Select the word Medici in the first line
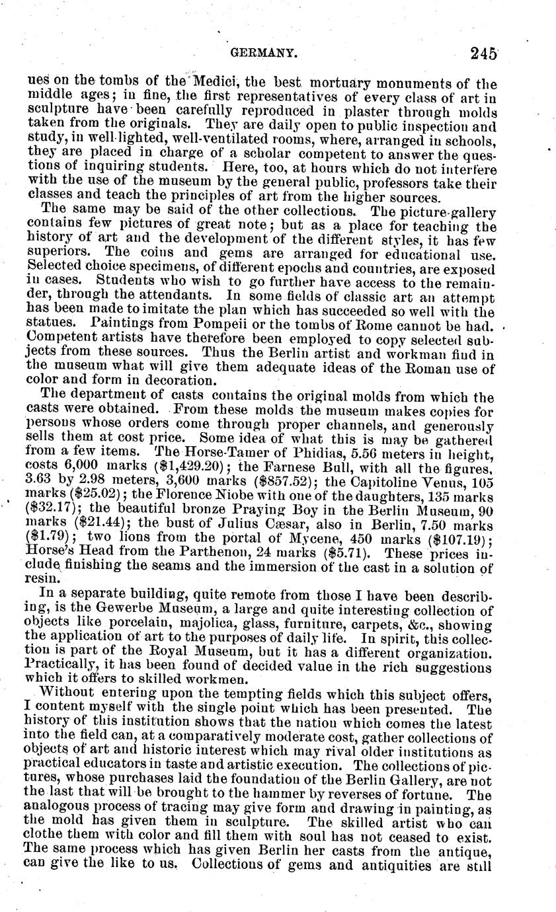[202, 81]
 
